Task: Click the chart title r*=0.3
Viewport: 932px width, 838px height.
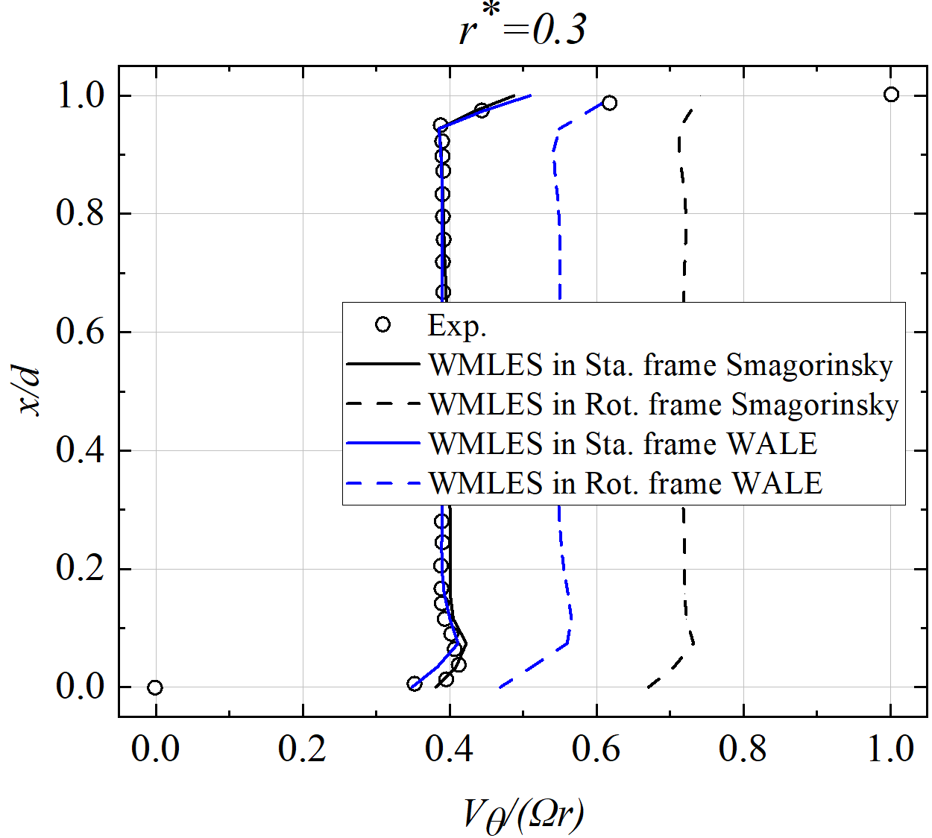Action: (523, 30)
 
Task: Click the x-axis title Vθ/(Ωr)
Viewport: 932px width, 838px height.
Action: (523, 814)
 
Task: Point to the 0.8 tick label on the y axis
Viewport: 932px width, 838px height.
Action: (81, 213)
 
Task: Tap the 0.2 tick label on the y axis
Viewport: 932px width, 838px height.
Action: (81, 568)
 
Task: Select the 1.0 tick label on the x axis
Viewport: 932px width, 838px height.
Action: (890, 749)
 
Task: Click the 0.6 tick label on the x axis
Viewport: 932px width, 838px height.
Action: (596, 749)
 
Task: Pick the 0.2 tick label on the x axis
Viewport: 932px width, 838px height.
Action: (302, 749)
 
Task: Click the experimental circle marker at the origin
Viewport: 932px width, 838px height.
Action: (154, 687)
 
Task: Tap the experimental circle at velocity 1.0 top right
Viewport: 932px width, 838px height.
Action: (891, 95)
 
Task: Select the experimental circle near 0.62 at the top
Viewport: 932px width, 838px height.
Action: (609, 103)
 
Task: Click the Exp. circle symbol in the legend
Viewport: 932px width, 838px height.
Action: (383, 324)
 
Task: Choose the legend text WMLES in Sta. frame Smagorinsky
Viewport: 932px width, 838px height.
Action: (661, 365)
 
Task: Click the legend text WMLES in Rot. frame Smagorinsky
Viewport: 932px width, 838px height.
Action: (664, 405)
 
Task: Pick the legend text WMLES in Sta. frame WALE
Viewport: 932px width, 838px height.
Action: (623, 444)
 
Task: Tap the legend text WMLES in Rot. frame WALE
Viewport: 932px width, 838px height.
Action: (626, 484)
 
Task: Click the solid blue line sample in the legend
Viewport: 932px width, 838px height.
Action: (383, 444)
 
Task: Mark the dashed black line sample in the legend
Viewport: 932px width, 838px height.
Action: (383, 404)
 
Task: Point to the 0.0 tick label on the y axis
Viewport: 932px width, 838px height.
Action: (81, 687)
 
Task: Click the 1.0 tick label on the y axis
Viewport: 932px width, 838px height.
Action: (81, 95)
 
